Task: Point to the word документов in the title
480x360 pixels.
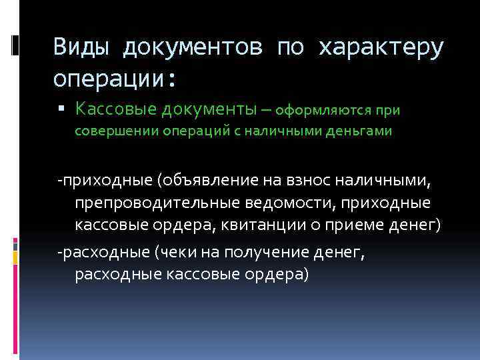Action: click(193, 47)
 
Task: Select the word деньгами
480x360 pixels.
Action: click(359, 131)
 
